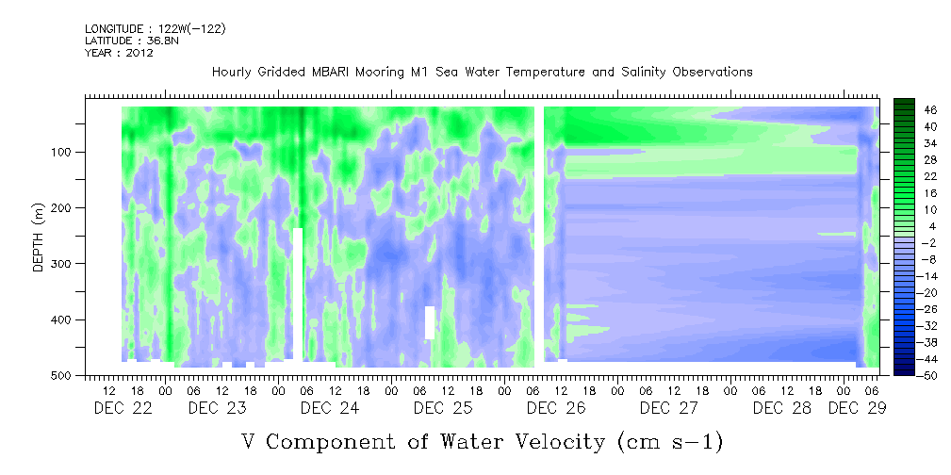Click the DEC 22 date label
tap(123, 408)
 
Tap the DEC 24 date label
tap(330, 408)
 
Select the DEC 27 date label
tap(669, 408)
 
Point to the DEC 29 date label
tap(857, 408)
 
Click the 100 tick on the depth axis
tap(65, 152)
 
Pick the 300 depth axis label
tap(65, 264)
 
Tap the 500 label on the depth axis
tap(65, 376)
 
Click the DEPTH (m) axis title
tap(39, 237)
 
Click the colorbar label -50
tap(911, 375)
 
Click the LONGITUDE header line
tap(156, 29)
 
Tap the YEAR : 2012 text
tap(119, 53)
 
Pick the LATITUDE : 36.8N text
tap(132, 41)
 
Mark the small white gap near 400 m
tap(430, 322)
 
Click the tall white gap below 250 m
tap(298, 294)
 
